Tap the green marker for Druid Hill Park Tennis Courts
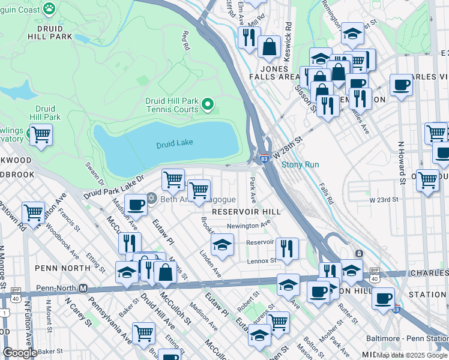pyautogui.click(x=208, y=105)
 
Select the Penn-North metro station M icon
pyautogui.click(x=83, y=289)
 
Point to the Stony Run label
pyautogui.click(x=300, y=164)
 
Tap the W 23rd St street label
pyautogui.click(x=384, y=200)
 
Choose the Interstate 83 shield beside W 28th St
pyautogui.click(x=264, y=158)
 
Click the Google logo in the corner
pyautogui.click(x=20, y=353)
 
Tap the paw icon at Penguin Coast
pyautogui.click(x=49, y=9)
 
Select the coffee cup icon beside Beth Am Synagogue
pyautogui.click(x=136, y=205)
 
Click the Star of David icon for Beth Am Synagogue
pyautogui.click(x=152, y=199)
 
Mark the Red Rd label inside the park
pyautogui.click(x=185, y=40)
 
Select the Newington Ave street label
pyautogui.click(x=248, y=226)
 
